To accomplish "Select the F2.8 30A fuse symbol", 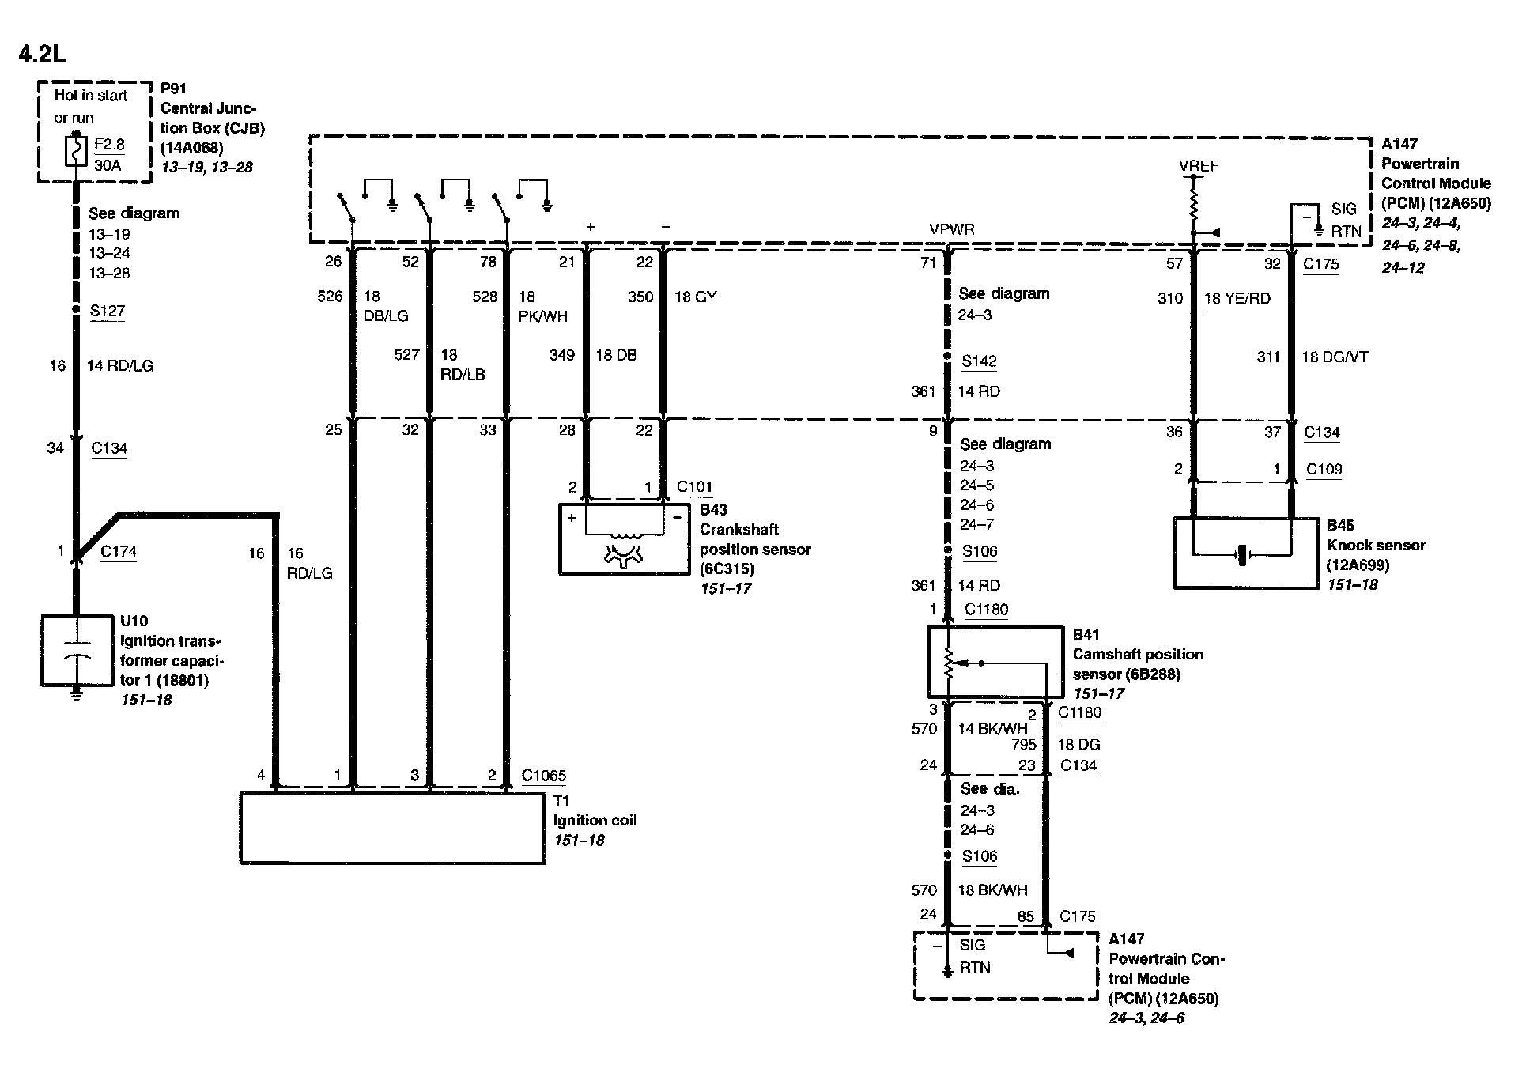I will pyautogui.click(x=76, y=153).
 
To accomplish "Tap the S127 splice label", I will pyautogui.click(x=108, y=311).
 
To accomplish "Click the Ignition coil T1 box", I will pyautogui.click(x=392, y=828).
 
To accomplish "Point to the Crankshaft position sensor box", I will pyautogui.click(x=624, y=538).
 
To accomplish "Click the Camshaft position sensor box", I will pyautogui.click(x=995, y=663).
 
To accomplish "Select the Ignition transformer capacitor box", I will pyautogui.click(x=76, y=651).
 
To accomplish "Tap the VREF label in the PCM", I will pyautogui.click(x=1198, y=166).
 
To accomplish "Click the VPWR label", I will pyautogui.click(x=952, y=229).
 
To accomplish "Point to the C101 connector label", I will pyautogui.click(x=695, y=487).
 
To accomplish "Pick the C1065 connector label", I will pyautogui.click(x=544, y=776).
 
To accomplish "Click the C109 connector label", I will pyautogui.click(x=1324, y=469).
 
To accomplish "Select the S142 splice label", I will pyautogui.click(x=979, y=361).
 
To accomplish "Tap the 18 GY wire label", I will pyautogui.click(x=695, y=297).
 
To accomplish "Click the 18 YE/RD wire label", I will pyautogui.click(x=1237, y=298).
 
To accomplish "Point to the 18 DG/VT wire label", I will pyautogui.click(x=1335, y=357).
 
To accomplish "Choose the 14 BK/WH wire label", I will pyautogui.click(x=992, y=728).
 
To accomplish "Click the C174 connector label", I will pyautogui.click(x=119, y=551).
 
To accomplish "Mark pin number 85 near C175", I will pyautogui.click(x=1026, y=917).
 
